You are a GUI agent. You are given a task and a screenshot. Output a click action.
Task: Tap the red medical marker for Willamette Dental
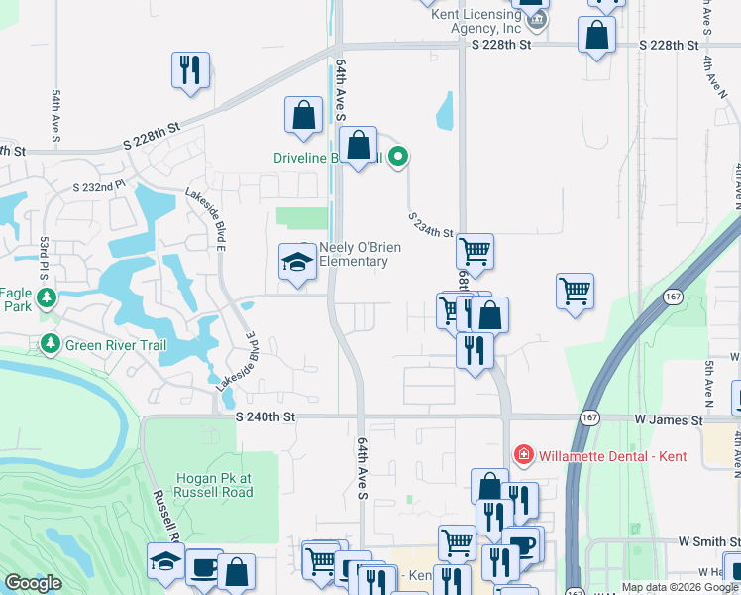pos(523,456)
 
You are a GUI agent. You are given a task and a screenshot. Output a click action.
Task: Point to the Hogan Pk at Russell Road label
pos(212,484)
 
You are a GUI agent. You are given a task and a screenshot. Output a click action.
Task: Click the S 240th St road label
pos(266,419)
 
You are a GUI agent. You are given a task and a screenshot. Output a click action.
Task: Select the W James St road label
pos(670,420)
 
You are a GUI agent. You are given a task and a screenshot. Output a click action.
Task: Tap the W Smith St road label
pos(707,541)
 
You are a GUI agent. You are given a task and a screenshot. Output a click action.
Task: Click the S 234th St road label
pos(431,225)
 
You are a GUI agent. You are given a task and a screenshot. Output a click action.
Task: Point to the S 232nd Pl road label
pos(100,186)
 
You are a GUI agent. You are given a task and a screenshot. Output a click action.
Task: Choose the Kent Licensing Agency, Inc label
pos(474,21)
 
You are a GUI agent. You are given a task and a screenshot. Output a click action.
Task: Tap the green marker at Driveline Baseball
pos(398,156)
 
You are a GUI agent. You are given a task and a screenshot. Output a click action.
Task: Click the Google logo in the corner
pos(34,583)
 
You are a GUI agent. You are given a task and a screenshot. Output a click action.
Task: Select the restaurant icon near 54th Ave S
pos(190,69)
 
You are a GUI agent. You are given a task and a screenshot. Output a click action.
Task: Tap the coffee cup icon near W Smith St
pos(522,543)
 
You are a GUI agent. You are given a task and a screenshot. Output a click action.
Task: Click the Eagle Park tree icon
pos(46,297)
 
